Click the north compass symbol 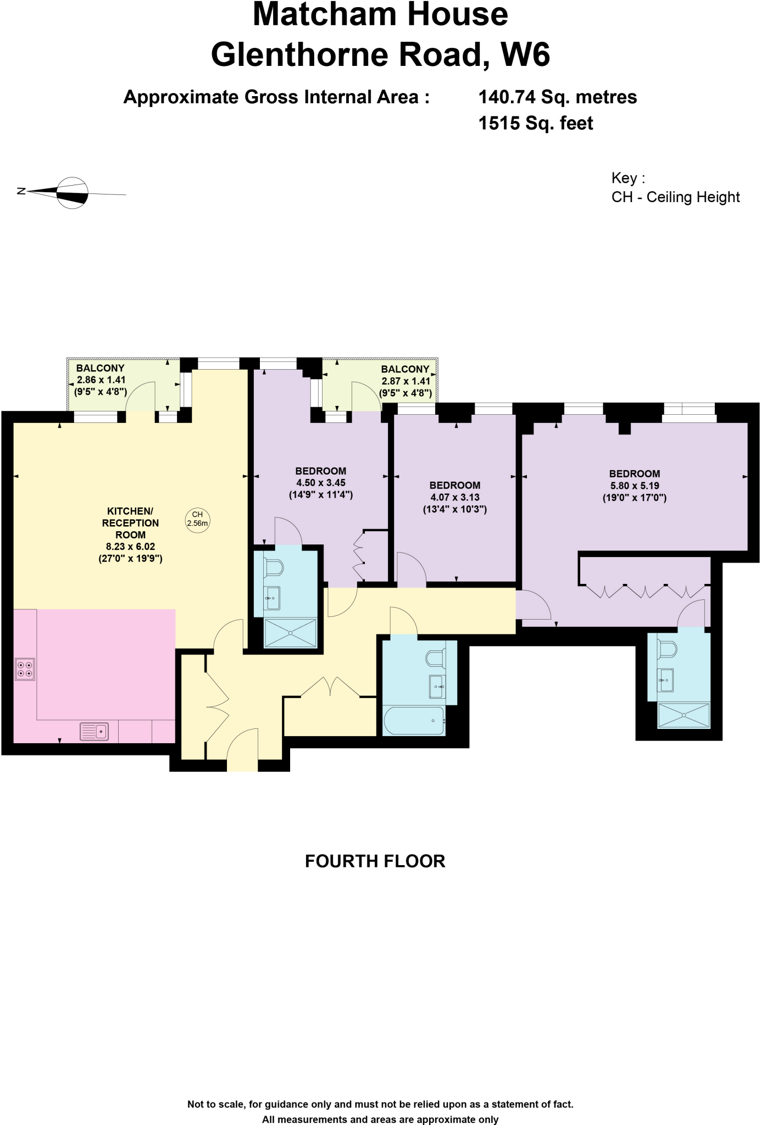(x=73, y=193)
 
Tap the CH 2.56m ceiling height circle (x=197, y=519)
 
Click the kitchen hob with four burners (x=25, y=669)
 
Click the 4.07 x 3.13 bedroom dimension (x=454, y=497)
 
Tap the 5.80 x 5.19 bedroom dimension (x=634, y=486)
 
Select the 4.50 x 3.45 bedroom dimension (x=320, y=483)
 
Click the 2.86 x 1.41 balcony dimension (x=101, y=380)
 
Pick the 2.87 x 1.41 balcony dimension (x=406, y=381)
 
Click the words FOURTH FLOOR (x=375, y=861)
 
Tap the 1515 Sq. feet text (x=536, y=123)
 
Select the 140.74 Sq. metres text (x=557, y=97)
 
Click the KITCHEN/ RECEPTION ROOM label (x=130, y=523)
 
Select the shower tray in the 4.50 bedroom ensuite (x=291, y=633)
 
